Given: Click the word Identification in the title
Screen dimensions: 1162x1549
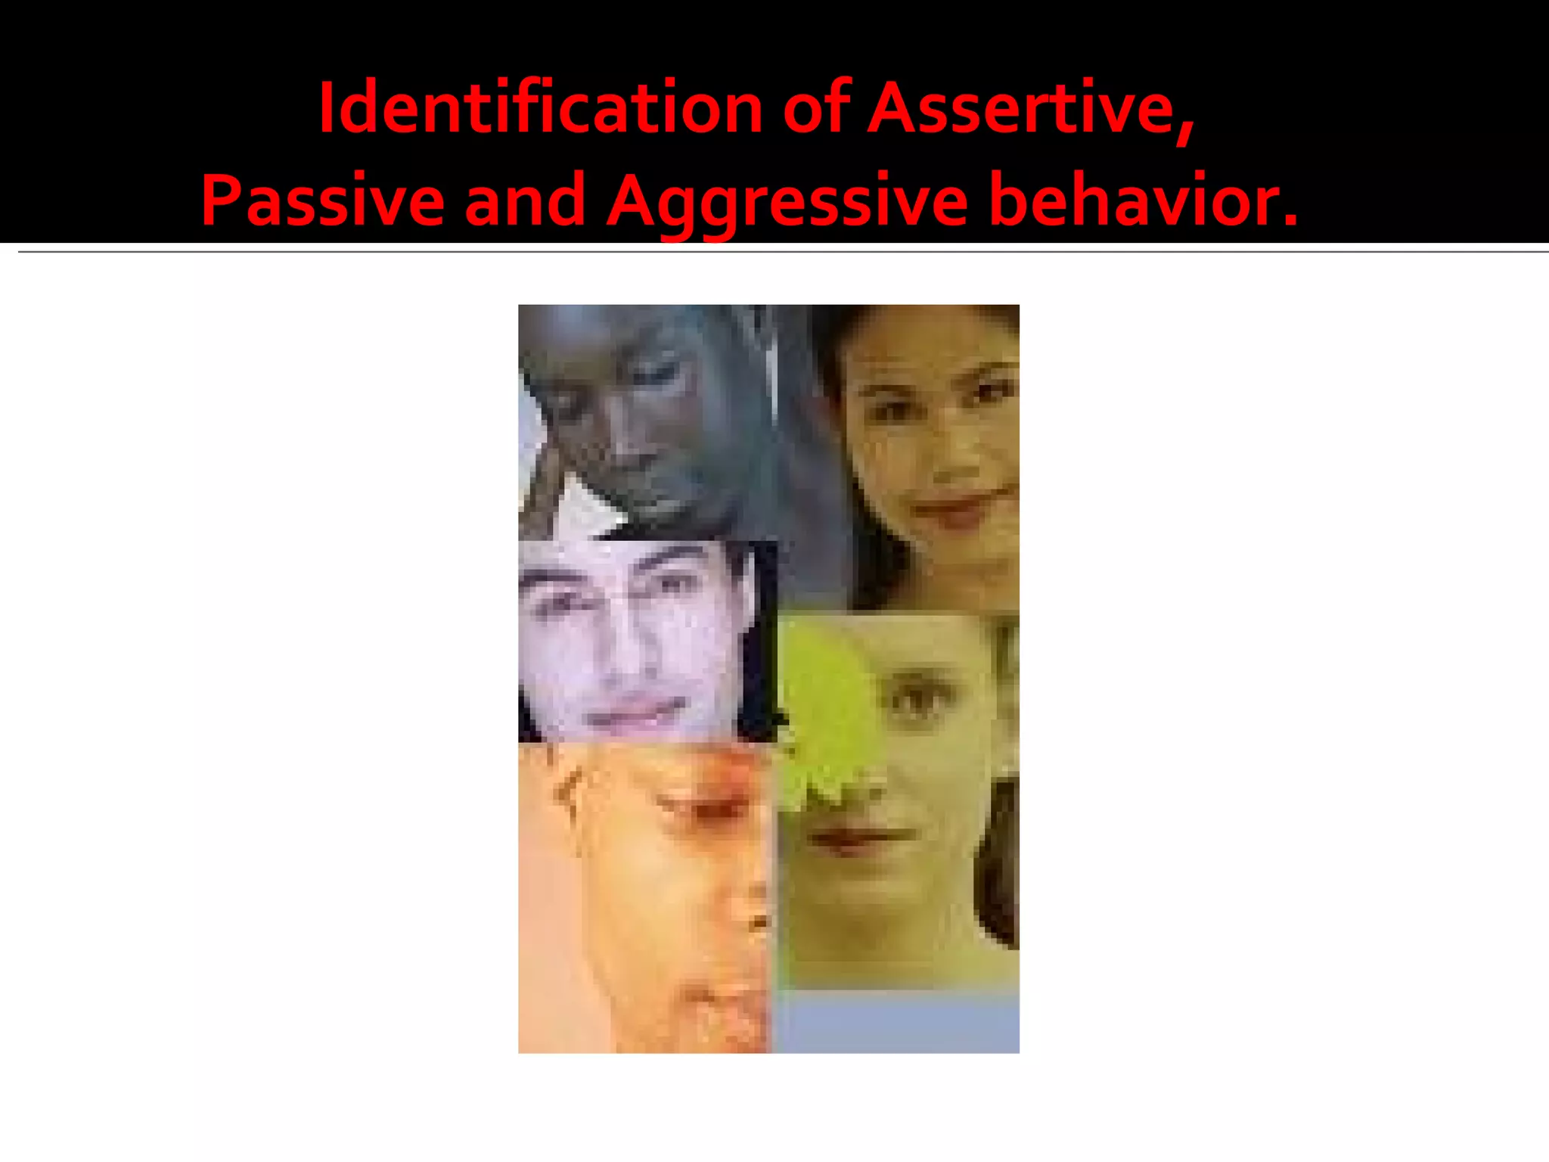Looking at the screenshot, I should click(540, 108).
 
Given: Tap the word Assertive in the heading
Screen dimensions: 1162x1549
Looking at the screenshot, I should click(1022, 108).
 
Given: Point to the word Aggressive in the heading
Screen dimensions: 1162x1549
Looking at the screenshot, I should click(787, 200).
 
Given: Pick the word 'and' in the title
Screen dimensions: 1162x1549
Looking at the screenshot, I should click(525, 200).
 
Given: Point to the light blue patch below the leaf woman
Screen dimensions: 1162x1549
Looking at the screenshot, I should click(896, 1021).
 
